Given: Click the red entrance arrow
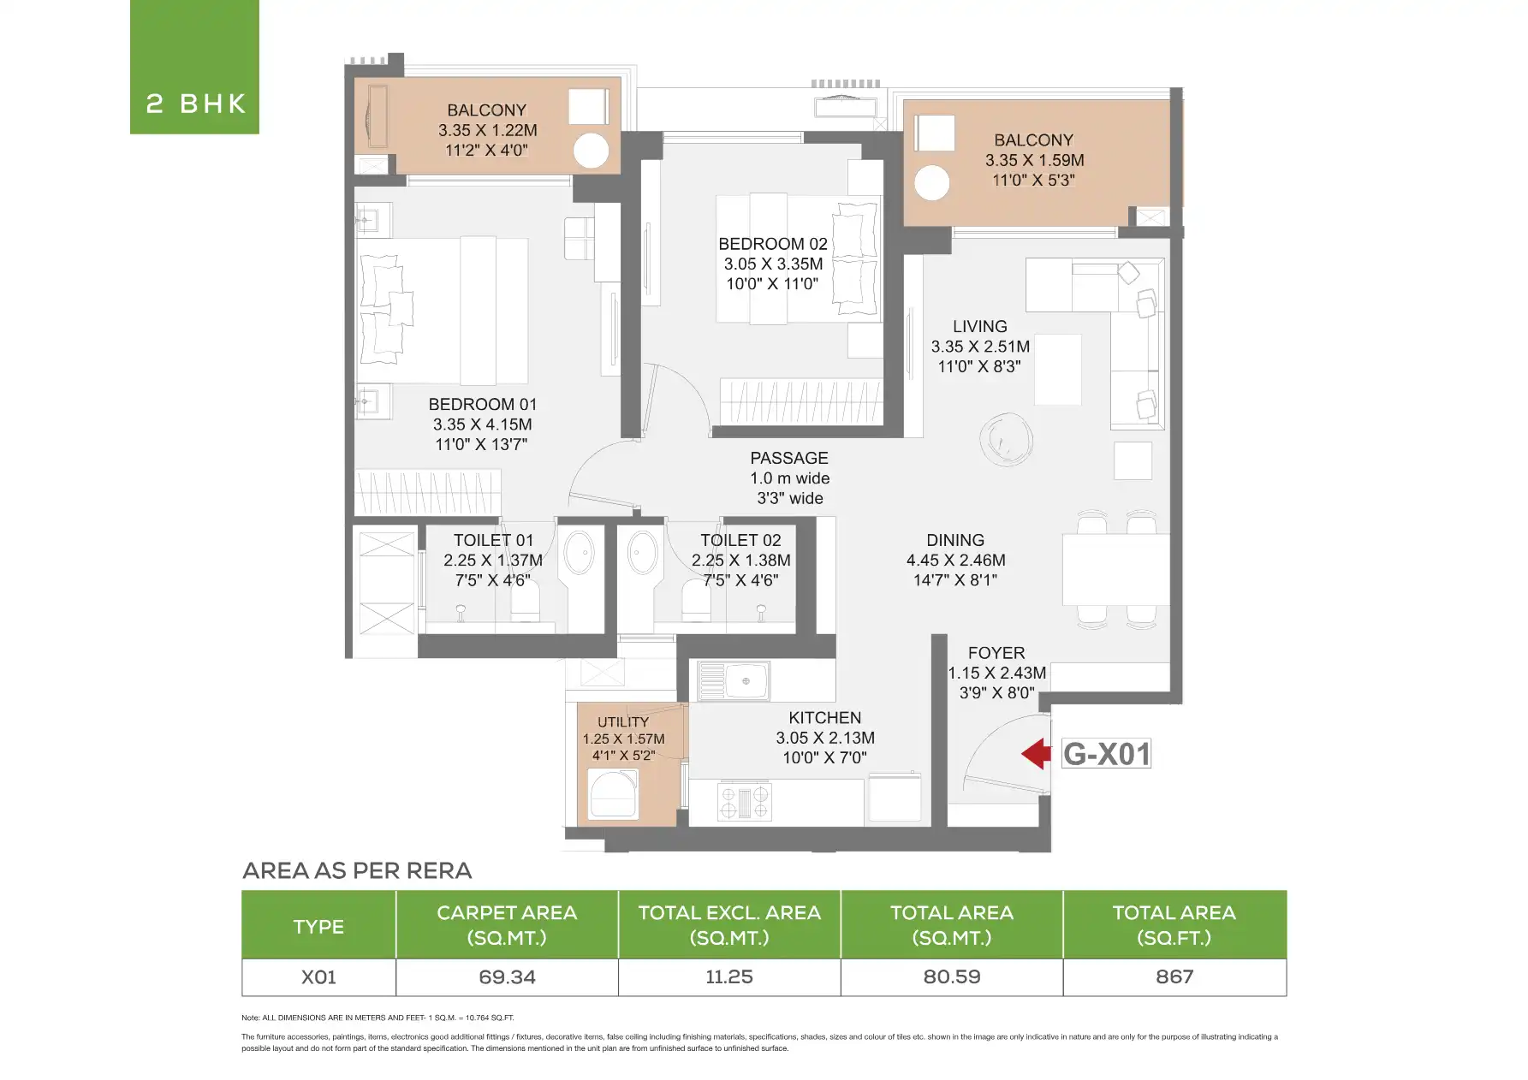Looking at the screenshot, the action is click(x=1036, y=754).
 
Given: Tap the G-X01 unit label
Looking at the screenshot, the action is click(x=1106, y=754).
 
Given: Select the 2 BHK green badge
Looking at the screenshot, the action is click(x=195, y=67).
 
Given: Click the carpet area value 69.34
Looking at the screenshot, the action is click(x=507, y=977).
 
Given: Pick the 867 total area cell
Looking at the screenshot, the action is click(x=1174, y=977).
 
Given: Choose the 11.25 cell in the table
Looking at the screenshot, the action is click(x=729, y=977).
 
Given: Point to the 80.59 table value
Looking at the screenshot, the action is click(x=952, y=977).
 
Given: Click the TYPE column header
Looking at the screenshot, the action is click(x=318, y=927).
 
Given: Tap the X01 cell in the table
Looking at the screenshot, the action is click(x=318, y=977).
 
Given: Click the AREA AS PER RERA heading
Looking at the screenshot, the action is click(x=357, y=871).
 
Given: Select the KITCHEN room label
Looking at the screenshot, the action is click(x=825, y=718).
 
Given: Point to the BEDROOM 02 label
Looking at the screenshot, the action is click(x=773, y=244).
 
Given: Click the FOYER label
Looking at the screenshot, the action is click(x=996, y=653).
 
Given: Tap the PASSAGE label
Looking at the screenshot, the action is click(x=789, y=459).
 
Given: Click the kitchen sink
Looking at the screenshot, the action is click(x=734, y=681).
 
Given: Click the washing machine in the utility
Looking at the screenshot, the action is click(x=613, y=795).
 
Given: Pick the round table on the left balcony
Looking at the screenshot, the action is click(x=591, y=151).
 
